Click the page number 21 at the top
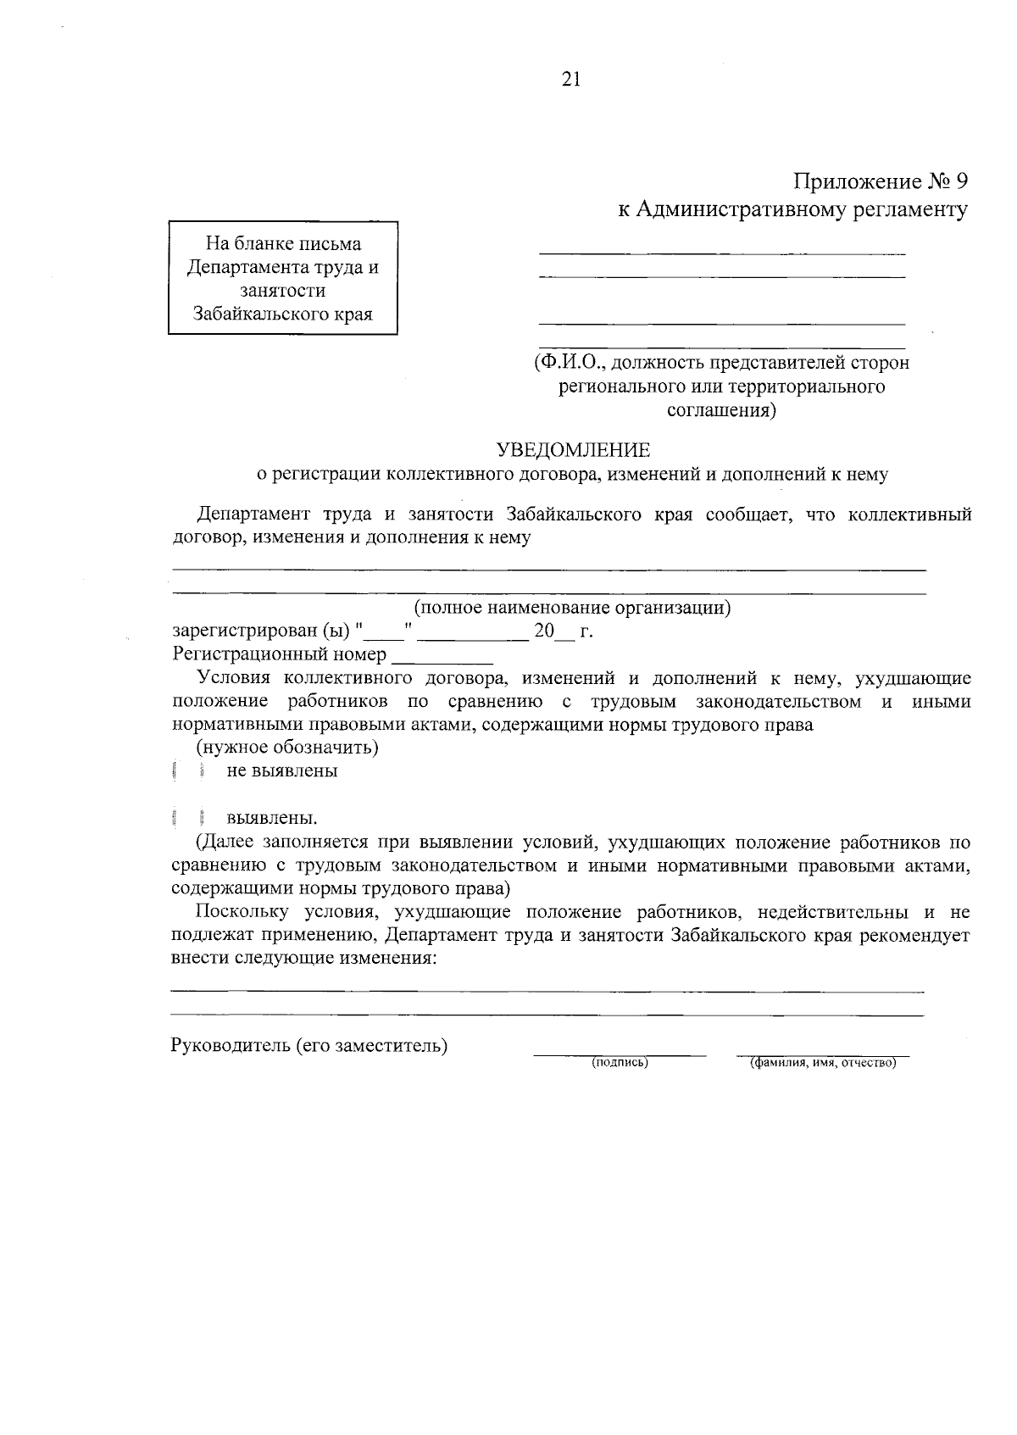click(x=570, y=80)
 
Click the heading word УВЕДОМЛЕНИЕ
click(x=572, y=449)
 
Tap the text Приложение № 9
click(x=879, y=181)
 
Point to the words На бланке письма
click(x=283, y=244)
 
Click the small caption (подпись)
click(x=620, y=1062)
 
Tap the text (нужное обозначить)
click(x=287, y=748)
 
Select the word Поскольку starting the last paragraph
click(x=240, y=913)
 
